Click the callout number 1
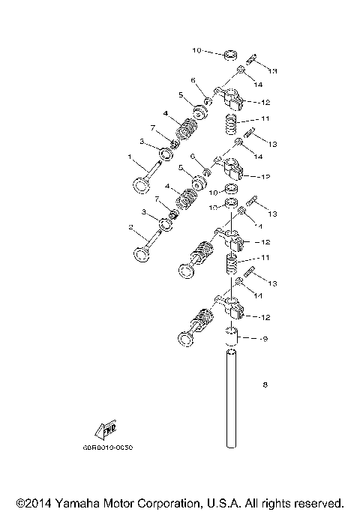(x=130, y=157)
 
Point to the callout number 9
(x=265, y=338)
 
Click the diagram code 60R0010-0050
(x=113, y=448)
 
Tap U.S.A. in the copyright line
(x=225, y=502)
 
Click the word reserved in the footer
(x=321, y=502)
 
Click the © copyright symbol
(x=20, y=502)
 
